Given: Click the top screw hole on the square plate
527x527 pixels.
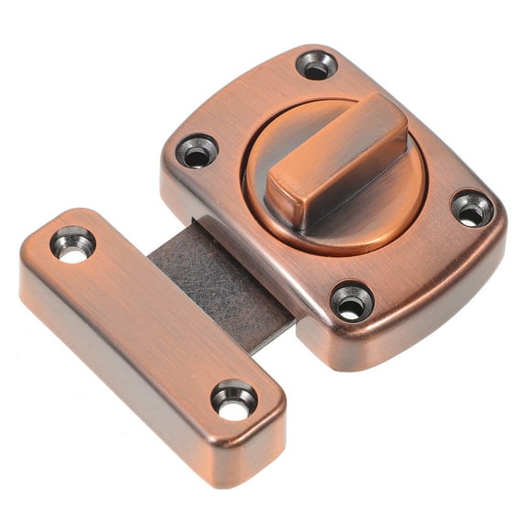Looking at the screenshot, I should click(317, 65).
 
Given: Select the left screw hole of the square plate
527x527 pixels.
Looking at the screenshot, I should click(198, 152).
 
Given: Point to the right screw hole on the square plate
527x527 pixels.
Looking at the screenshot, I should click(472, 210).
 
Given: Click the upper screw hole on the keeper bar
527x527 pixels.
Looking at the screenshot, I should click(72, 244).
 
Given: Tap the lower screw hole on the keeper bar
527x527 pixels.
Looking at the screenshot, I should click(234, 400).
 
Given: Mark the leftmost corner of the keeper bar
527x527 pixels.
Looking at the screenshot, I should click(26, 256).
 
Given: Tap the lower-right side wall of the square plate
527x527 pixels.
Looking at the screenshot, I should click(430, 316).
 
